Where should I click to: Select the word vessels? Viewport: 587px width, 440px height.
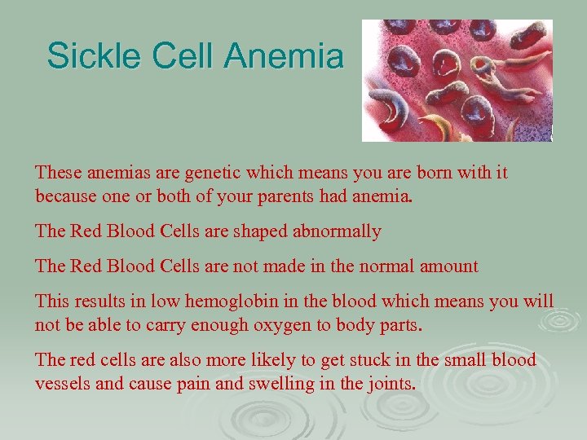click(63, 382)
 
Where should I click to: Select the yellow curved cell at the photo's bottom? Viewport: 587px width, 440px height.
click(440, 127)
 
